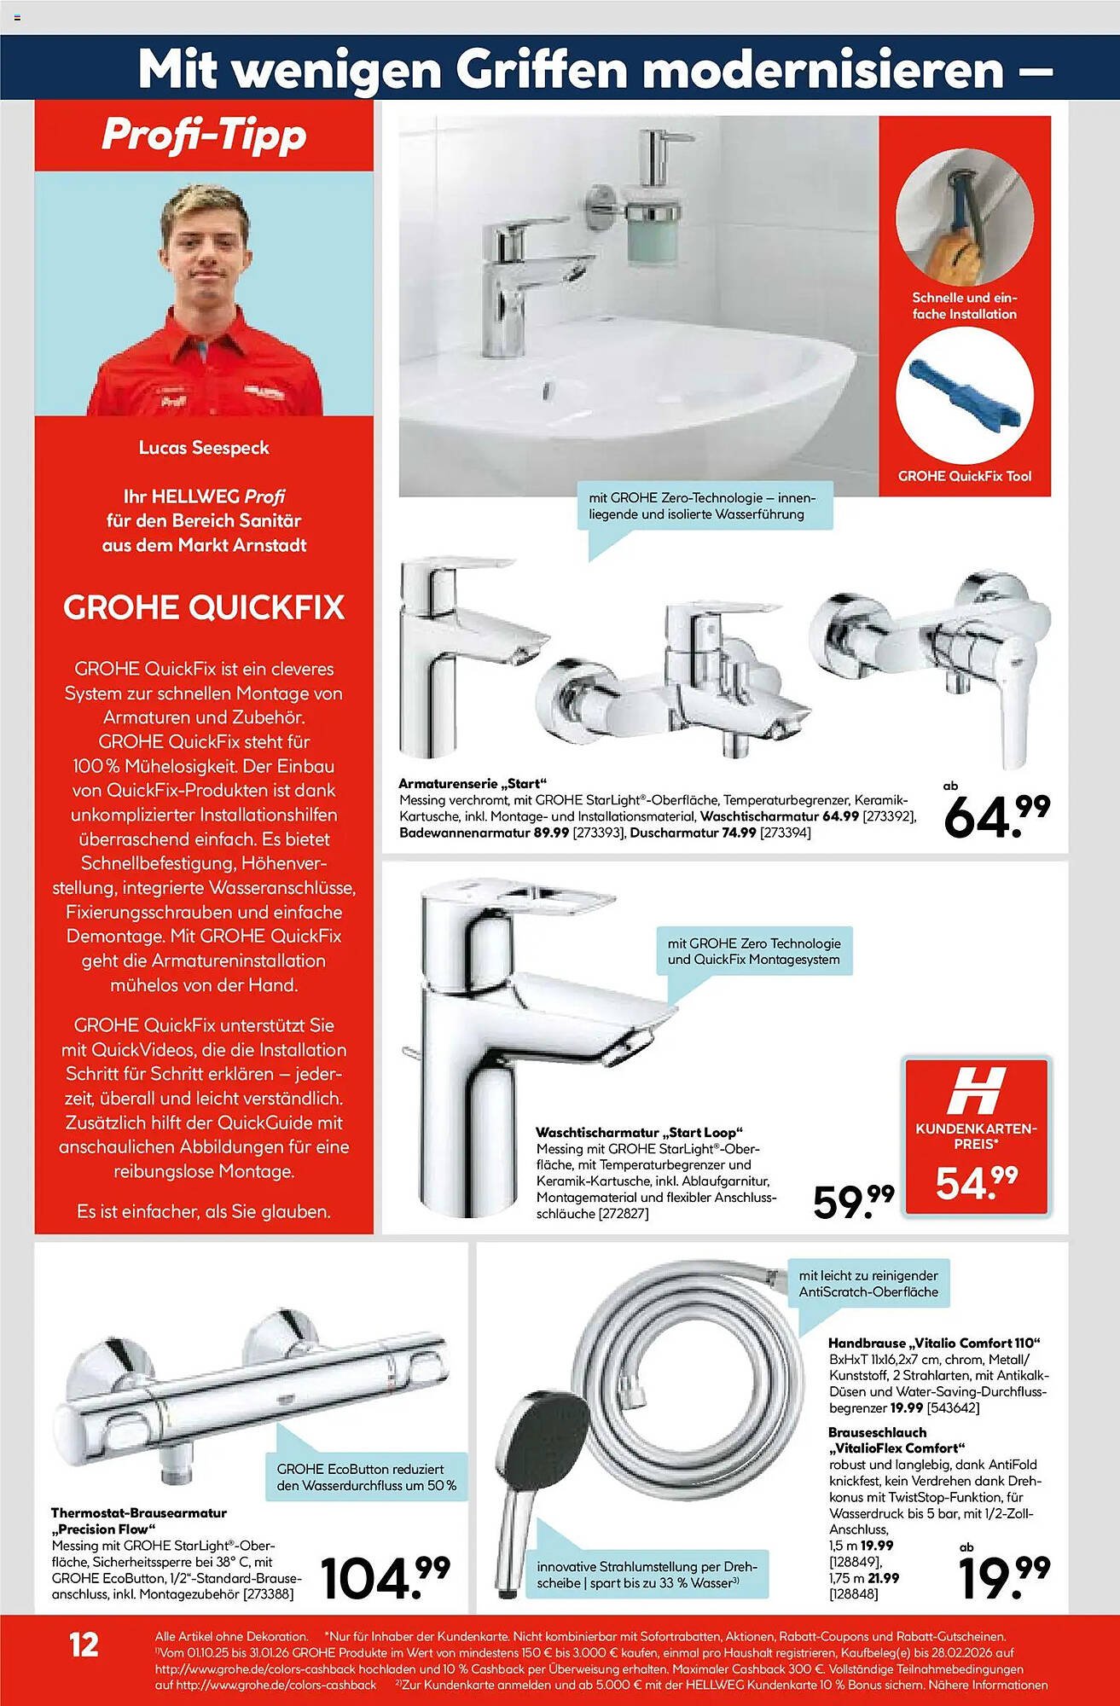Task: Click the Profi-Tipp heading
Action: [203, 136]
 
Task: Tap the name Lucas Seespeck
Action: [204, 448]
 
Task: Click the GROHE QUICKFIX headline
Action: [204, 607]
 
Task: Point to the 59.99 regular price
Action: [853, 1199]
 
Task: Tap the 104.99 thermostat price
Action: [385, 1578]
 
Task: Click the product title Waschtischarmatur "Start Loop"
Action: [635, 1133]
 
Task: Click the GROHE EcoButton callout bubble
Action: [366, 1477]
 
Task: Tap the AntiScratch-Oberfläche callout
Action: [868, 1284]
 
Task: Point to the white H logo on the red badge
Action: [976, 1091]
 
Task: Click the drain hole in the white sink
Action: [546, 390]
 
